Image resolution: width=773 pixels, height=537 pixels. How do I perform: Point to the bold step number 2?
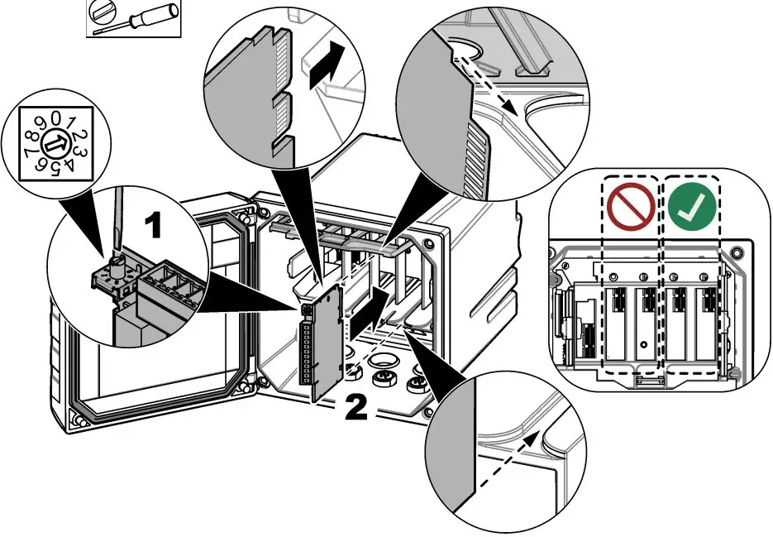[x=355, y=407]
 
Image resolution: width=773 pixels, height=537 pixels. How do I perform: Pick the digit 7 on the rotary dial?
[x=31, y=154]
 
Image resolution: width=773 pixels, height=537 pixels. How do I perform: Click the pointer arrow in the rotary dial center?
[x=55, y=145]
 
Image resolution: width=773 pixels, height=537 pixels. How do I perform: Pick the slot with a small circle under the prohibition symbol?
[x=642, y=324]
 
